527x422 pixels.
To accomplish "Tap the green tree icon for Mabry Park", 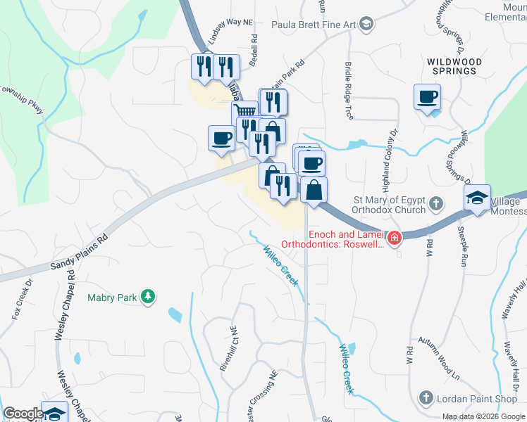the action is coord(148,298).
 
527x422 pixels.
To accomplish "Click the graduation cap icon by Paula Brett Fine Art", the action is coord(366,25).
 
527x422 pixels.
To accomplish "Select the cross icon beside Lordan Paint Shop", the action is coord(425,399).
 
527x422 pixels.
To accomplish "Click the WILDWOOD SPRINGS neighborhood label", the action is coord(454,66).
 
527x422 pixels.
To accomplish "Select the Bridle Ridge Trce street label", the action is coord(348,89).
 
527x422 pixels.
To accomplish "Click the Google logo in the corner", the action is coord(23,414).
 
